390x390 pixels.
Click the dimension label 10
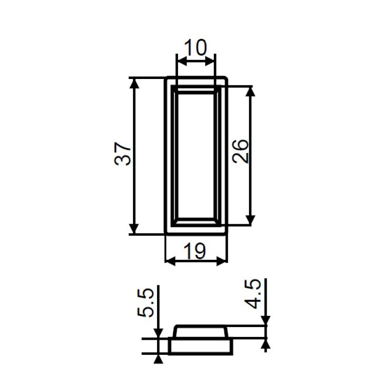[x=195, y=47]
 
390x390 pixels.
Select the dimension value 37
[x=122, y=154]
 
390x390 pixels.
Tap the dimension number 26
[x=240, y=152]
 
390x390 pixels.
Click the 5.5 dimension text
[x=145, y=303]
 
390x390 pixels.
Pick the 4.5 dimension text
[x=253, y=294]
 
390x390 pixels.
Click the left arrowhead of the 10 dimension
[x=181, y=61]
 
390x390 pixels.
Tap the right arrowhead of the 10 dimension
[x=210, y=61]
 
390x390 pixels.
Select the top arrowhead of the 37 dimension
[x=135, y=83]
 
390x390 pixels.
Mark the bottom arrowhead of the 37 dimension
[x=135, y=229]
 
